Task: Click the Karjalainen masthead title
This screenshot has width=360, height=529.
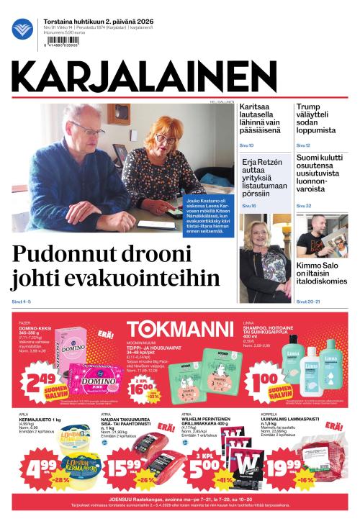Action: (143, 75)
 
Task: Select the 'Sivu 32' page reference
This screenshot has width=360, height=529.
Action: (304, 206)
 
